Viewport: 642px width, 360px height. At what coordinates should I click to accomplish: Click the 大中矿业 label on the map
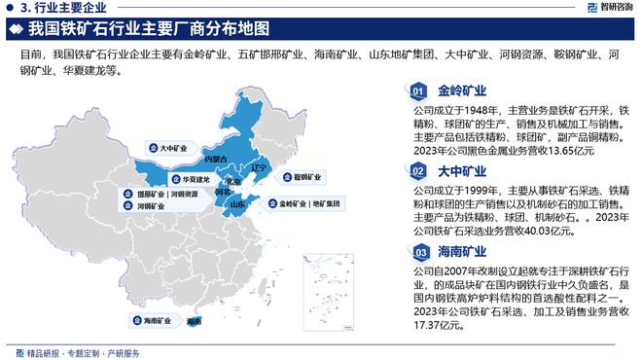163,147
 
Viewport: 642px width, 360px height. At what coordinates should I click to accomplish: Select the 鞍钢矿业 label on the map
303,177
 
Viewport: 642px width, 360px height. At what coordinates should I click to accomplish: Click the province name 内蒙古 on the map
216,158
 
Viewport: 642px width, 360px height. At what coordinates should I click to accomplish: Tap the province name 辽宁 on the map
258,168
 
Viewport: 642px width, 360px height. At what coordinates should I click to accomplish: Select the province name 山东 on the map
235,205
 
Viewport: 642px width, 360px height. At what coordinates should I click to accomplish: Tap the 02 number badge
417,171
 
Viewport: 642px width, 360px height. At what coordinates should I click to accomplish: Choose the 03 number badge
417,252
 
